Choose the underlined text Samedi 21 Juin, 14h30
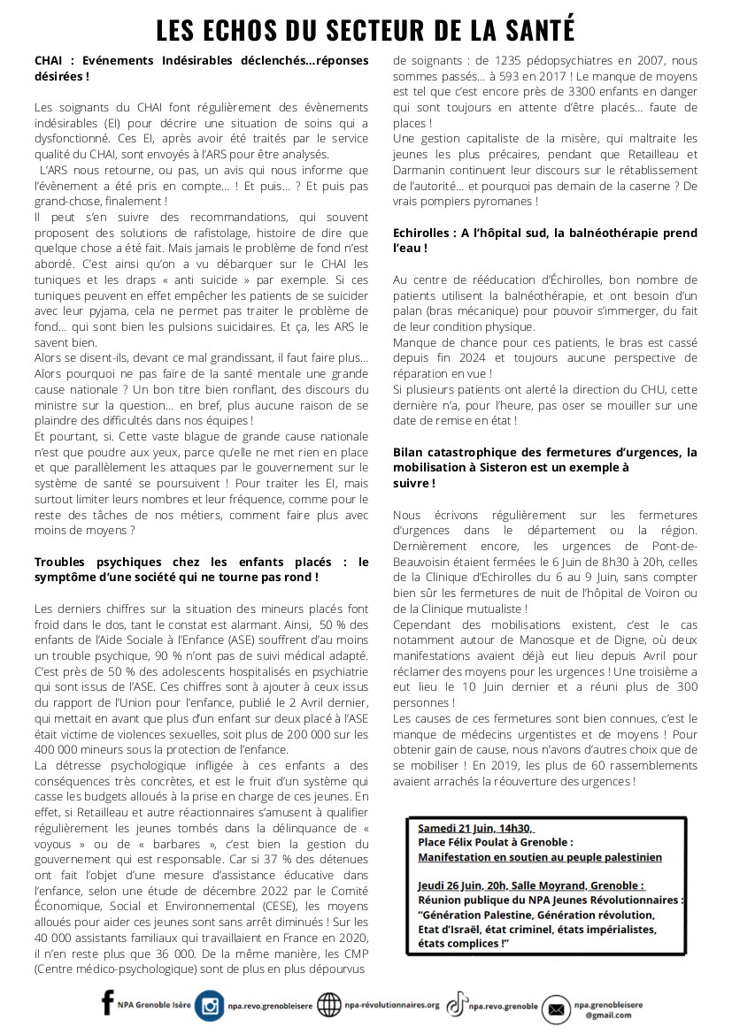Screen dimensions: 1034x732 point(475,828)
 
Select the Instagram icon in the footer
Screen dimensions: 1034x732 point(210,1007)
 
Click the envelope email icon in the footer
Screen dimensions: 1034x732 point(557,1008)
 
